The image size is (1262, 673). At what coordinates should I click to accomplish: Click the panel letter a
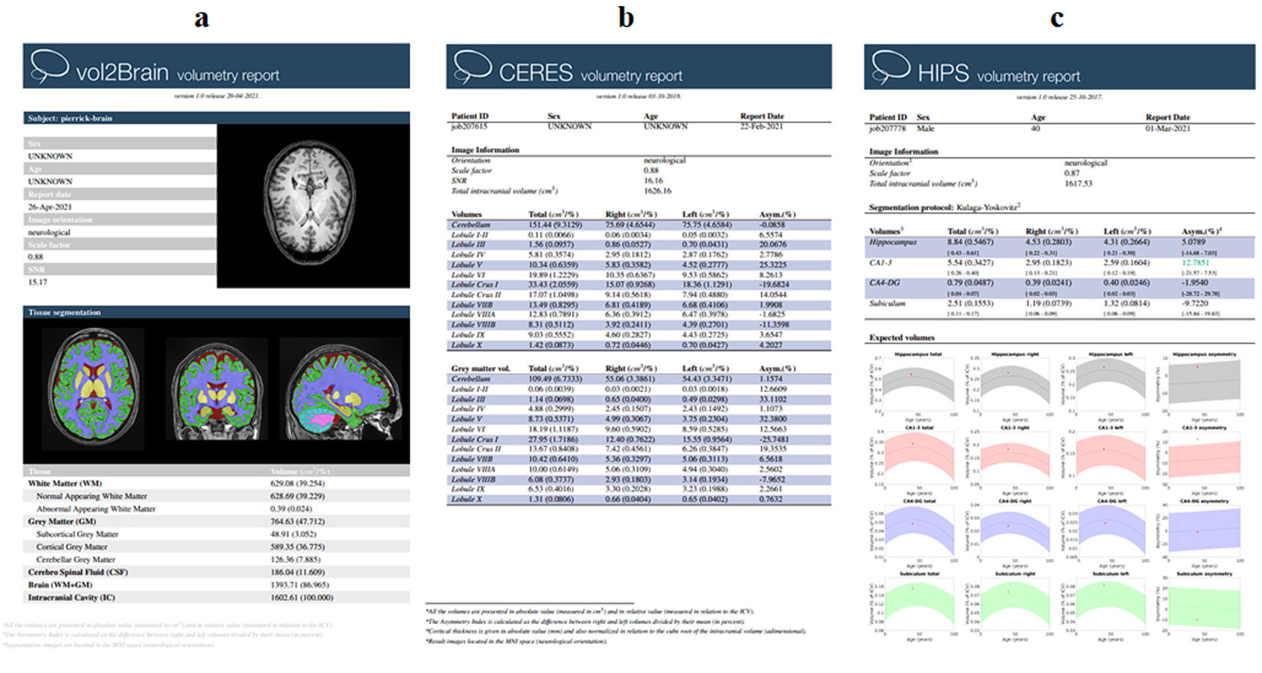(201, 18)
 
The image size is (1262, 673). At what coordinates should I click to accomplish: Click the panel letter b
(626, 18)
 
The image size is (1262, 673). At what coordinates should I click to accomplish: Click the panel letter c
(1056, 18)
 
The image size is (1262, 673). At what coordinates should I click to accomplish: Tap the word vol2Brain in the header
(122, 72)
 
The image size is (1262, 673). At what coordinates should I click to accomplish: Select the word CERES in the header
(536, 73)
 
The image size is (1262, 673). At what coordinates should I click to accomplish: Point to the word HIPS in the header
(943, 74)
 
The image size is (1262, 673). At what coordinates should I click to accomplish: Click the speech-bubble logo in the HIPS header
(890, 66)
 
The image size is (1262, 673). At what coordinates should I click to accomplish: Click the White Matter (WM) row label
(64, 484)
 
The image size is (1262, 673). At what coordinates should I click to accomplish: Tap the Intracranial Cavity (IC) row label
(71, 598)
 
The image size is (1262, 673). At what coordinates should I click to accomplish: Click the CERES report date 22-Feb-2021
(762, 127)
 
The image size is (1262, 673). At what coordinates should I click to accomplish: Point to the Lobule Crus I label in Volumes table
(475, 285)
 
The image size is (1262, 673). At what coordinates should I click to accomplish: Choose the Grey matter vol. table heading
(481, 369)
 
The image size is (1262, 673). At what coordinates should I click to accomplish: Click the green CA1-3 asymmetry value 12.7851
(1195, 263)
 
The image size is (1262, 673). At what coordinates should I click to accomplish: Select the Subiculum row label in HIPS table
(887, 304)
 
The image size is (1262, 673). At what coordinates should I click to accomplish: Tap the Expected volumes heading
(901, 338)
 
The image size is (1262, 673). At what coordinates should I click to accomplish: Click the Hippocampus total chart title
(918, 355)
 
